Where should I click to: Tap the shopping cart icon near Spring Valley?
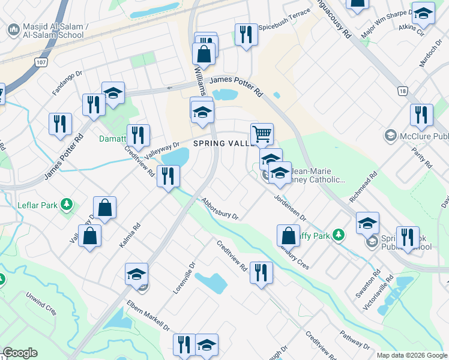(x=262, y=133)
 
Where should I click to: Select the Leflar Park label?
(x=41, y=205)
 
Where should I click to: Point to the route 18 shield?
(x=402, y=91)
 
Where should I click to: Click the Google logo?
(x=20, y=353)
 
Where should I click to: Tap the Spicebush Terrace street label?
(x=284, y=28)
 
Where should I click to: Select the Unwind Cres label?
(x=41, y=304)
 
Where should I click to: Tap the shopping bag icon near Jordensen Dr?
(x=288, y=235)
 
